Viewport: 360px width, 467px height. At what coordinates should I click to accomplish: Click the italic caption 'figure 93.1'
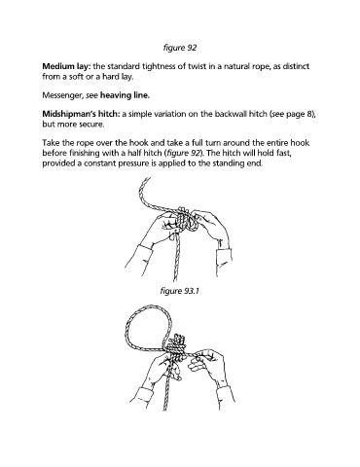pyautogui.click(x=179, y=291)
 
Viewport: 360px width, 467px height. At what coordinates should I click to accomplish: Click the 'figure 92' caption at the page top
pyautogui.click(x=180, y=48)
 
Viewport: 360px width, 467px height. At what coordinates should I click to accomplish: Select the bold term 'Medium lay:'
pyautogui.click(x=66, y=66)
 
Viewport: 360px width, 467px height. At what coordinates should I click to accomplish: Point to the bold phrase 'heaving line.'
pyautogui.click(x=125, y=95)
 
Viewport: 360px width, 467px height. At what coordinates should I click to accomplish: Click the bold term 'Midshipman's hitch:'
pyautogui.click(x=81, y=114)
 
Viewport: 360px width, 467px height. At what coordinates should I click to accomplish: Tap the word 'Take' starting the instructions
pyautogui.click(x=51, y=143)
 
